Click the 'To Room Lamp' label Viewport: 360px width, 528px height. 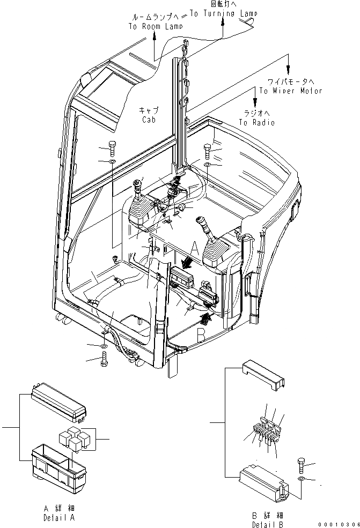155,26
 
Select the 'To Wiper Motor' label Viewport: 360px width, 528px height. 290,91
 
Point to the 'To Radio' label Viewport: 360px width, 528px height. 256,122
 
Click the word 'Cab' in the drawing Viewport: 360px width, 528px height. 149,120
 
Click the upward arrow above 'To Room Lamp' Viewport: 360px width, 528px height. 155,37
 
